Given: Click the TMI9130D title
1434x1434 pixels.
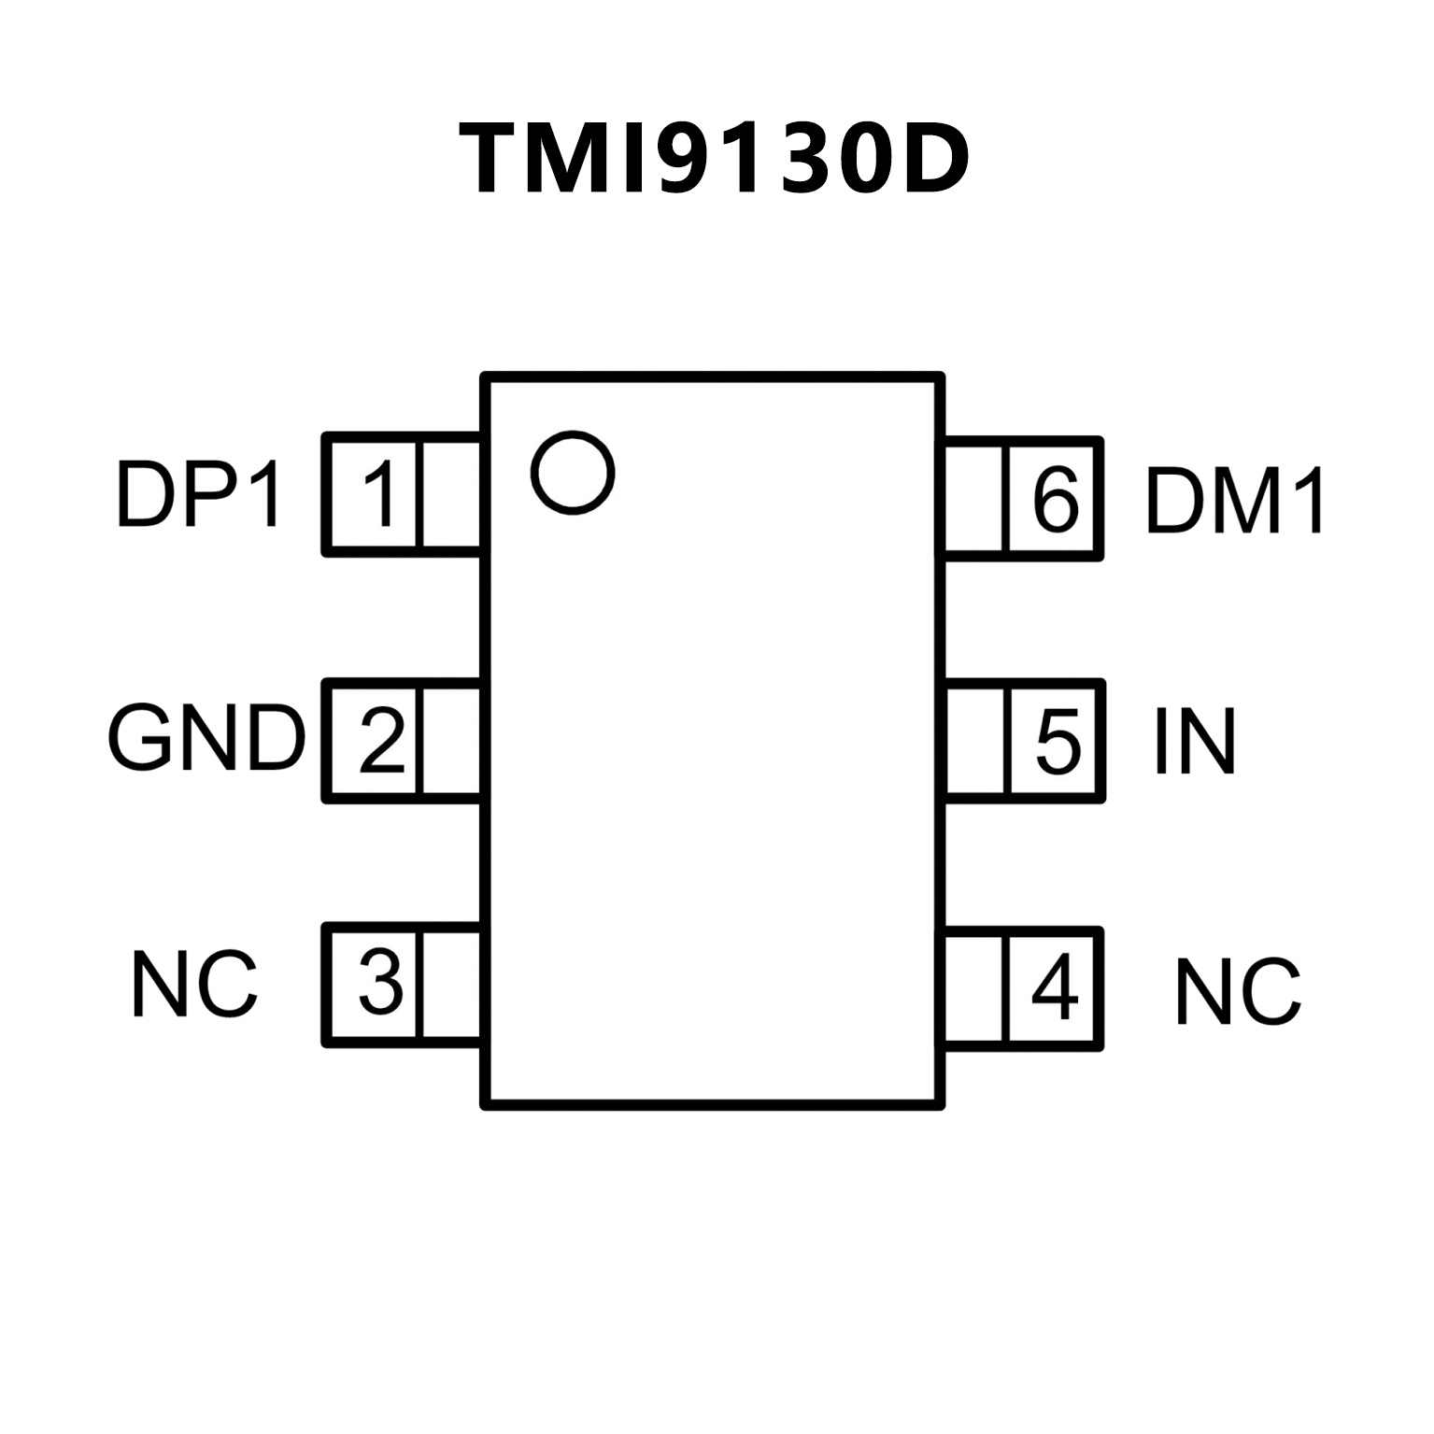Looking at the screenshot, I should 715,160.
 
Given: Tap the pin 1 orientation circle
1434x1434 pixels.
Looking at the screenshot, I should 573,472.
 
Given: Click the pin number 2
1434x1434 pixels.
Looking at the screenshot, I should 381,741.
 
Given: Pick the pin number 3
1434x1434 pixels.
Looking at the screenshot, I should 381,983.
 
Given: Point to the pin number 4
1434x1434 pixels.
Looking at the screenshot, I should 1054,988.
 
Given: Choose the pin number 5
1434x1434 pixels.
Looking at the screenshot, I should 1058,742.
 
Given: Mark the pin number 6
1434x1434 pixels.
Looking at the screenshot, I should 1056,499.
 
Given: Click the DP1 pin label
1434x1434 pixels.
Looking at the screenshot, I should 198,494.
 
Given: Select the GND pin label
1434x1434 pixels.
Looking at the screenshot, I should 206,739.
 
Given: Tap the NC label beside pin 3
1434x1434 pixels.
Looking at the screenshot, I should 194,984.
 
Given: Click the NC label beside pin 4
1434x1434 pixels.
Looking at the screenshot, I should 1238,991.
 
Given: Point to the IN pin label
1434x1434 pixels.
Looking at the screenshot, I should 1195,742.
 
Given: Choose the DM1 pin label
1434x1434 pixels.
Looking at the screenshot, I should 1235,501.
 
